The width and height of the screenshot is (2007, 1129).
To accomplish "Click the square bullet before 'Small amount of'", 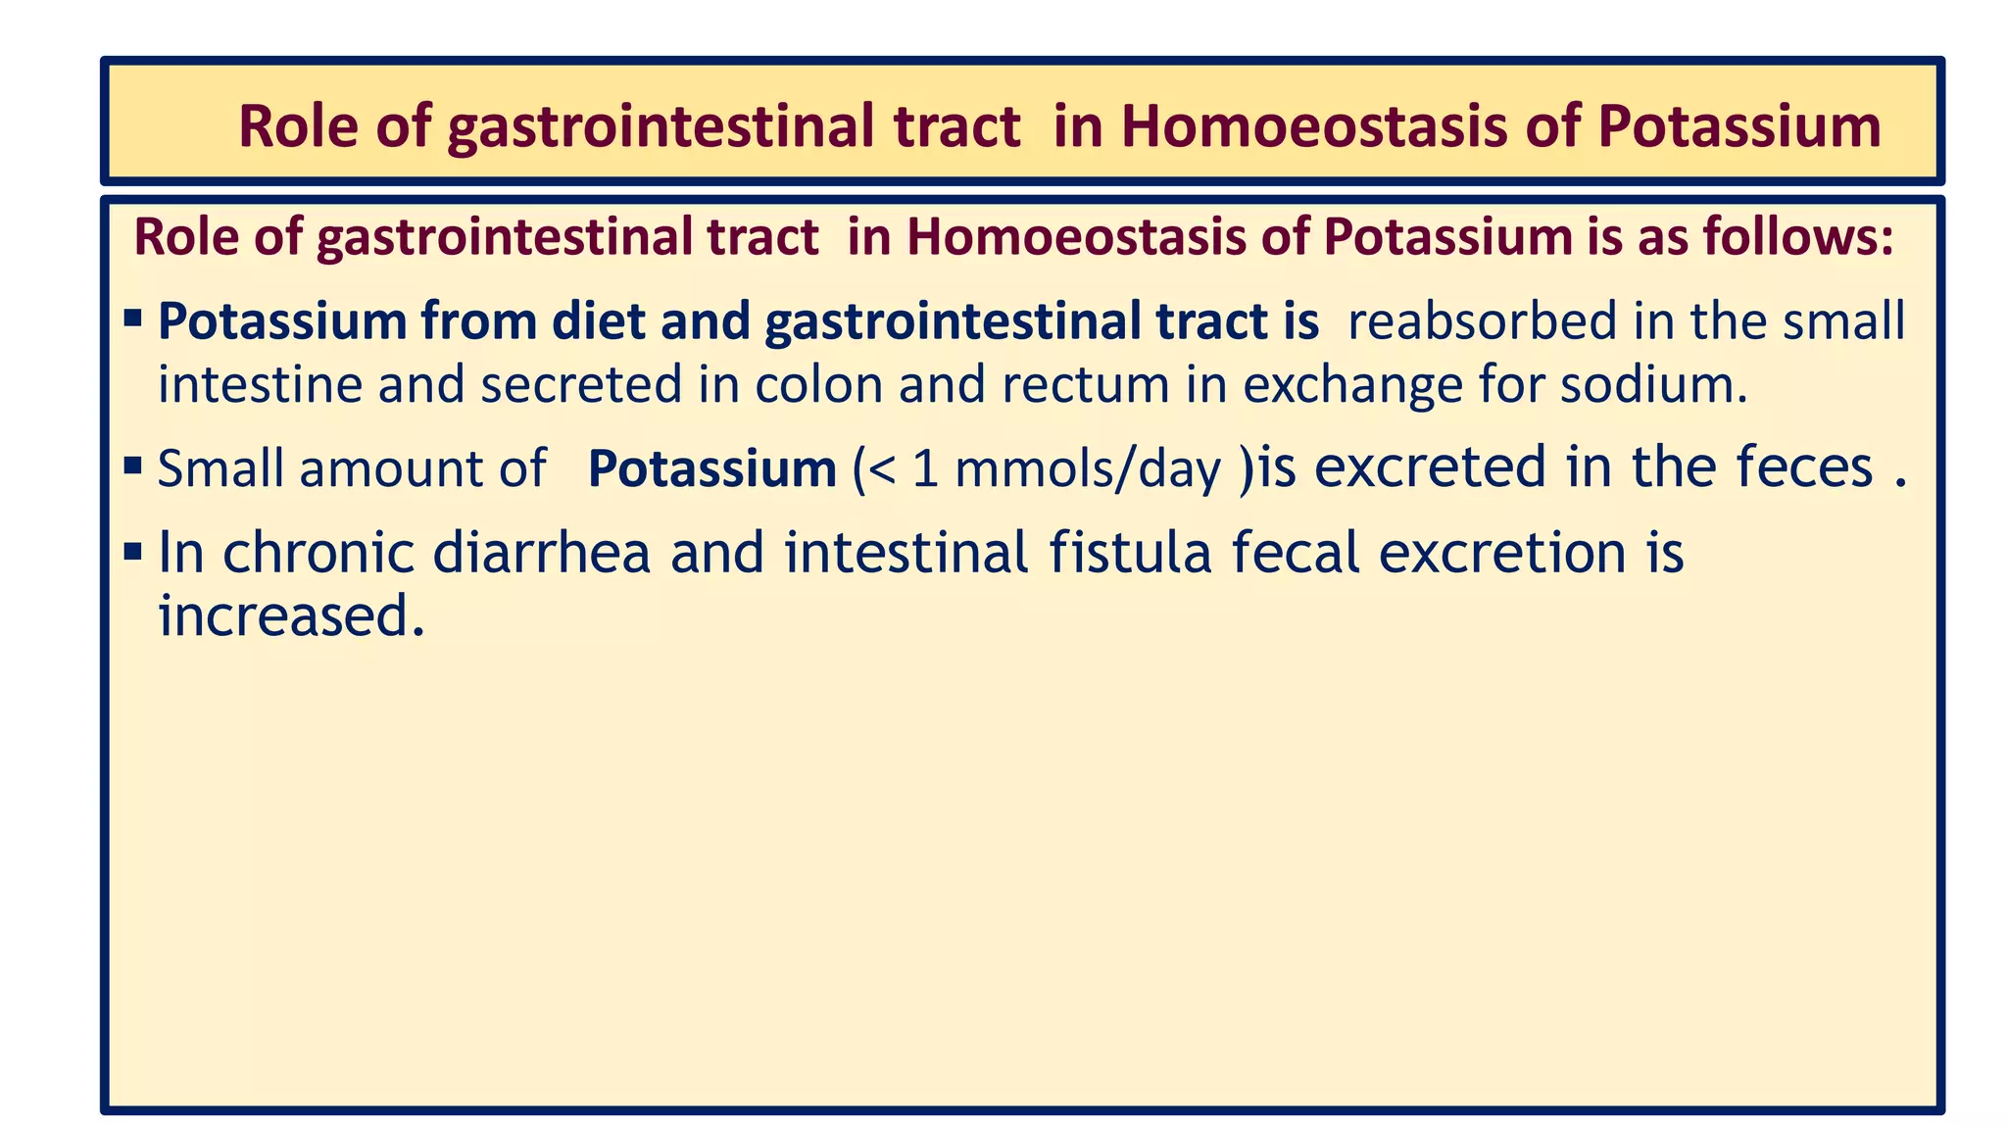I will pyautogui.click(x=133, y=465).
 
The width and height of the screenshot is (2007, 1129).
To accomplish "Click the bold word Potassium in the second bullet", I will pyautogui.click(x=711, y=468).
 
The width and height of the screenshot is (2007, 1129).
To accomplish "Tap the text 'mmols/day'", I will pyautogui.click(x=1088, y=469).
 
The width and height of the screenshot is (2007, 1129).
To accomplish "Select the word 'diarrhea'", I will pyautogui.click(x=541, y=553).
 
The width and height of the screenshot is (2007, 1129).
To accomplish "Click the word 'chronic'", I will pyautogui.click(x=319, y=553).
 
